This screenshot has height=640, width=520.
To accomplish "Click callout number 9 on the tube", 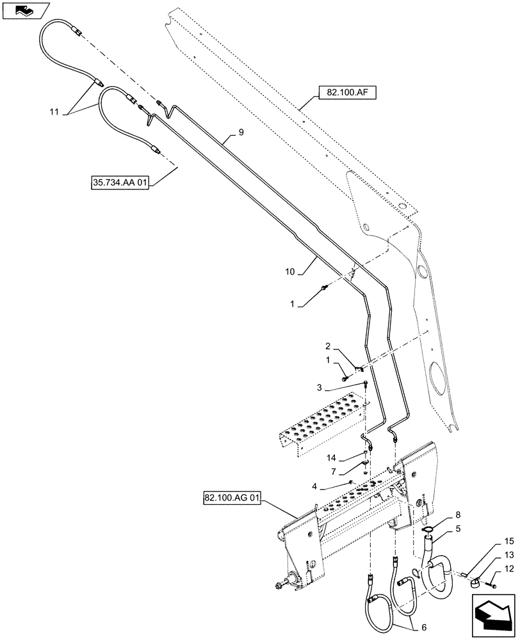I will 241,132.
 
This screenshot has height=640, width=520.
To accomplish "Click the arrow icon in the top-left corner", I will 24,10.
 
